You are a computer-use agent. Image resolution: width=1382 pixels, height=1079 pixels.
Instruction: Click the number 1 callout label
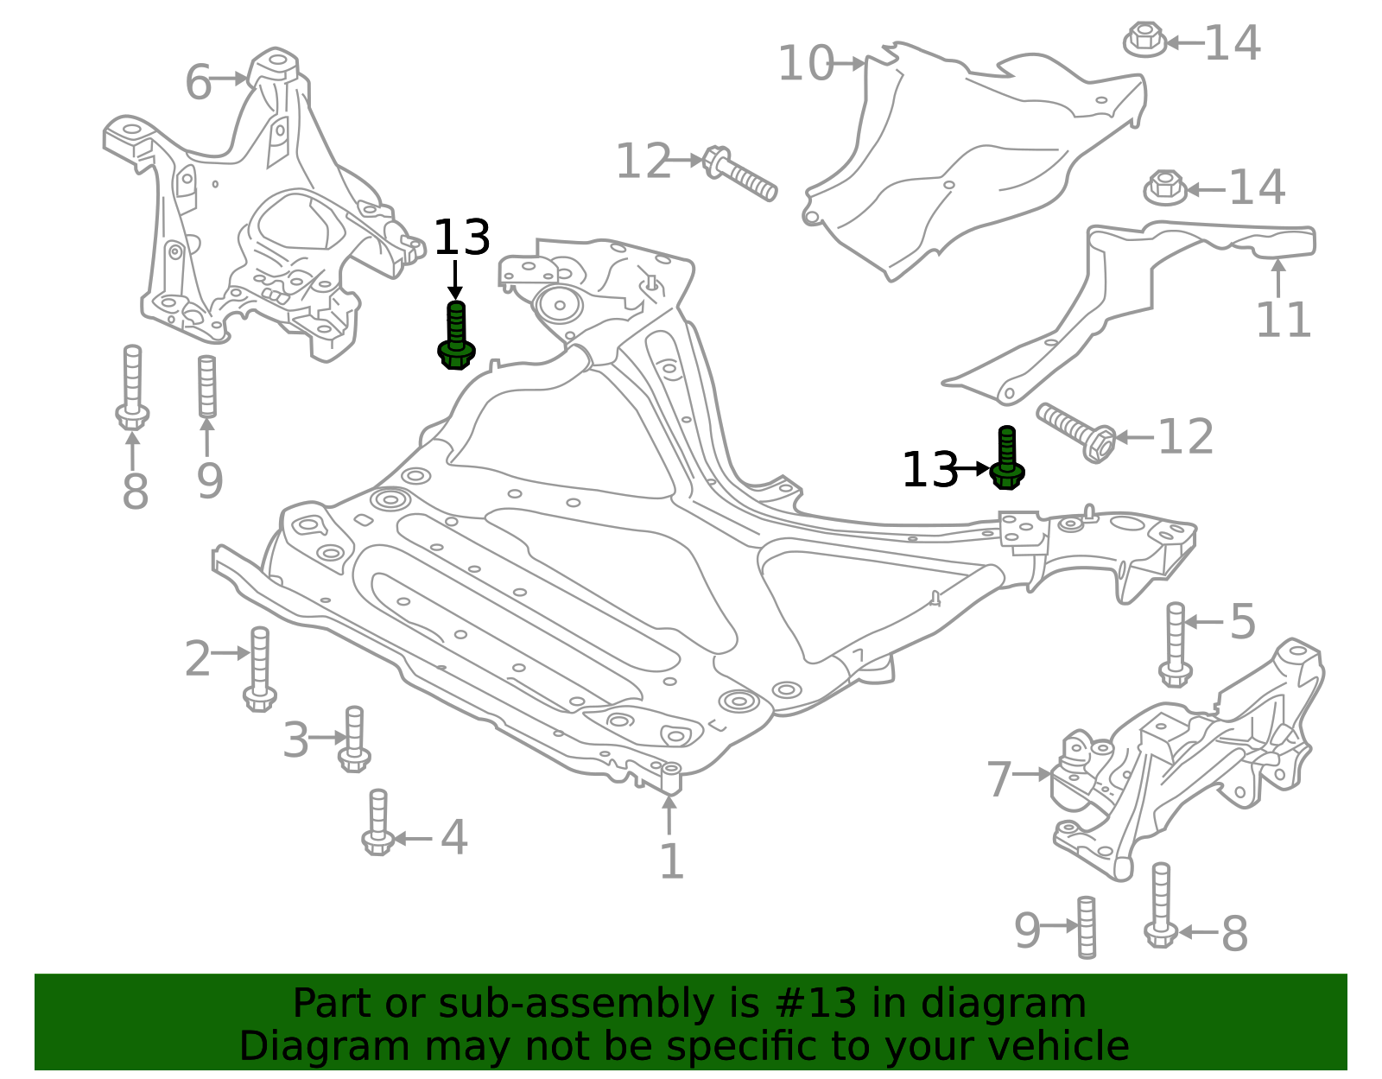click(672, 861)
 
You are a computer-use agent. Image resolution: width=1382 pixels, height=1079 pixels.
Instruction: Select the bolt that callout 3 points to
click(354, 739)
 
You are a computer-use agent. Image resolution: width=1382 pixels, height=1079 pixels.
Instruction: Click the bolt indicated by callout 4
click(377, 822)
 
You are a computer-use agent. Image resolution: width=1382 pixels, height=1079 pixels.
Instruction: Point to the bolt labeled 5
click(1176, 644)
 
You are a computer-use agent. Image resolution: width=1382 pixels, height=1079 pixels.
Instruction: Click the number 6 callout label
click(199, 82)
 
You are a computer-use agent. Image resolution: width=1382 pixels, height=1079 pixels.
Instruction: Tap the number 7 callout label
click(999, 779)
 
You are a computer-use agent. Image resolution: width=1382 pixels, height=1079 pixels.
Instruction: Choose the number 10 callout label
click(806, 64)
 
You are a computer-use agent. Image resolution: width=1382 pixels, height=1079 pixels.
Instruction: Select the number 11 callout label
click(1284, 319)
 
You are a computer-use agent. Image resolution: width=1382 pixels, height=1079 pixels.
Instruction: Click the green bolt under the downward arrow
click(456, 336)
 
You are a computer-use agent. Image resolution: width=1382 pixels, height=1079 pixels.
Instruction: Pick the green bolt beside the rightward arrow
click(1007, 458)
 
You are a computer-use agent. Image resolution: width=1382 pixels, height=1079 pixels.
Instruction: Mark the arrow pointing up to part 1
click(669, 815)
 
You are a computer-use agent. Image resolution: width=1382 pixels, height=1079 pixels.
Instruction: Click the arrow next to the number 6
click(228, 79)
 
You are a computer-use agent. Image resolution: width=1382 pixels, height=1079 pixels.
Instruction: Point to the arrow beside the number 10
click(847, 64)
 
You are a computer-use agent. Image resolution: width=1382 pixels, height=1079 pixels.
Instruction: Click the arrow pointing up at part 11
click(1278, 278)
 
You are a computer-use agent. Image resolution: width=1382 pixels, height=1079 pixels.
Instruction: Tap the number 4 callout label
click(454, 837)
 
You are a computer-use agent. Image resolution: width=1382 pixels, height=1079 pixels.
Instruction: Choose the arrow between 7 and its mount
click(1030, 774)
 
